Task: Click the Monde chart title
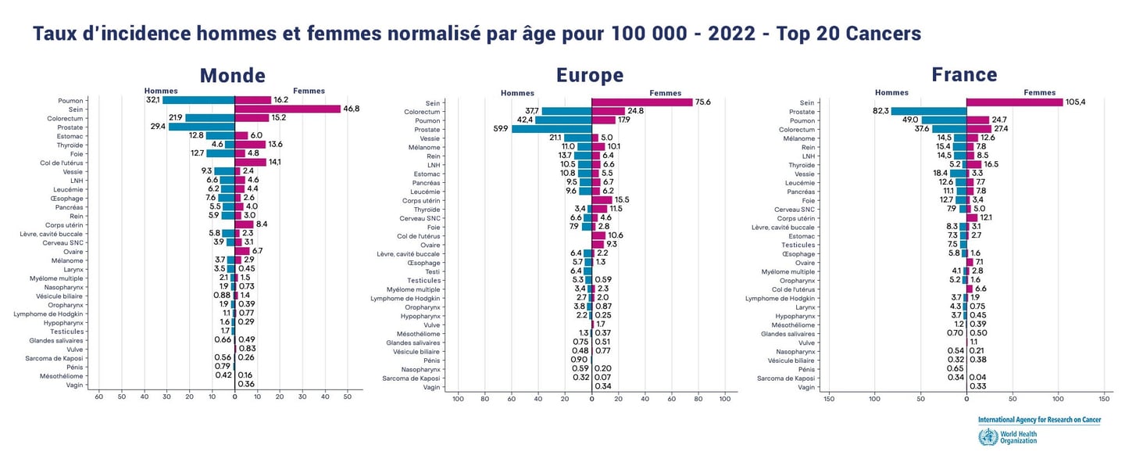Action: click(232, 75)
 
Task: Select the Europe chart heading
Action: click(590, 75)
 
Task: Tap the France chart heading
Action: click(964, 74)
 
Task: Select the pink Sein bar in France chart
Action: click(1014, 102)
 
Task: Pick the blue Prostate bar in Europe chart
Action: click(552, 129)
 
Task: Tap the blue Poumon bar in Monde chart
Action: click(198, 100)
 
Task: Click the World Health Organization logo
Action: click(988, 436)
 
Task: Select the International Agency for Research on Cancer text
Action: click(1039, 420)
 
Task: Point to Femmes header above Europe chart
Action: click(665, 93)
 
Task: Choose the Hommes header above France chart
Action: click(891, 92)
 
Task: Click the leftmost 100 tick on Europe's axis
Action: click(459, 399)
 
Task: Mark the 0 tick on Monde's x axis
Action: click(234, 397)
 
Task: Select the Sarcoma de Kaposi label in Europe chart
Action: click(412, 378)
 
